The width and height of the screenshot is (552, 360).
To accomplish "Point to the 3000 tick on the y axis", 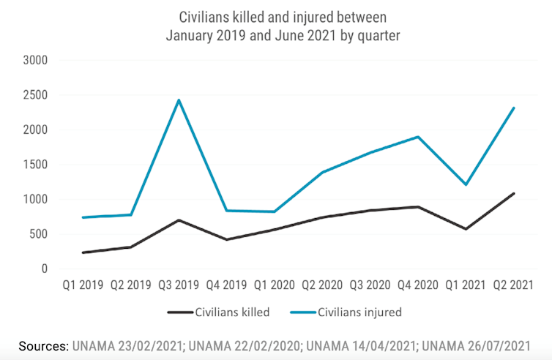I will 35,60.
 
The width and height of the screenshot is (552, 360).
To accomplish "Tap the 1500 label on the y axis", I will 35,165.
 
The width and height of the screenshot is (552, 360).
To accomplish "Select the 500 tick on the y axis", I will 38,234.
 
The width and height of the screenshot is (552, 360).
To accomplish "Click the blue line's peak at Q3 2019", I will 179,100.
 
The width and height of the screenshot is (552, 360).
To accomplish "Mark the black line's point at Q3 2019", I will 179,220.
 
